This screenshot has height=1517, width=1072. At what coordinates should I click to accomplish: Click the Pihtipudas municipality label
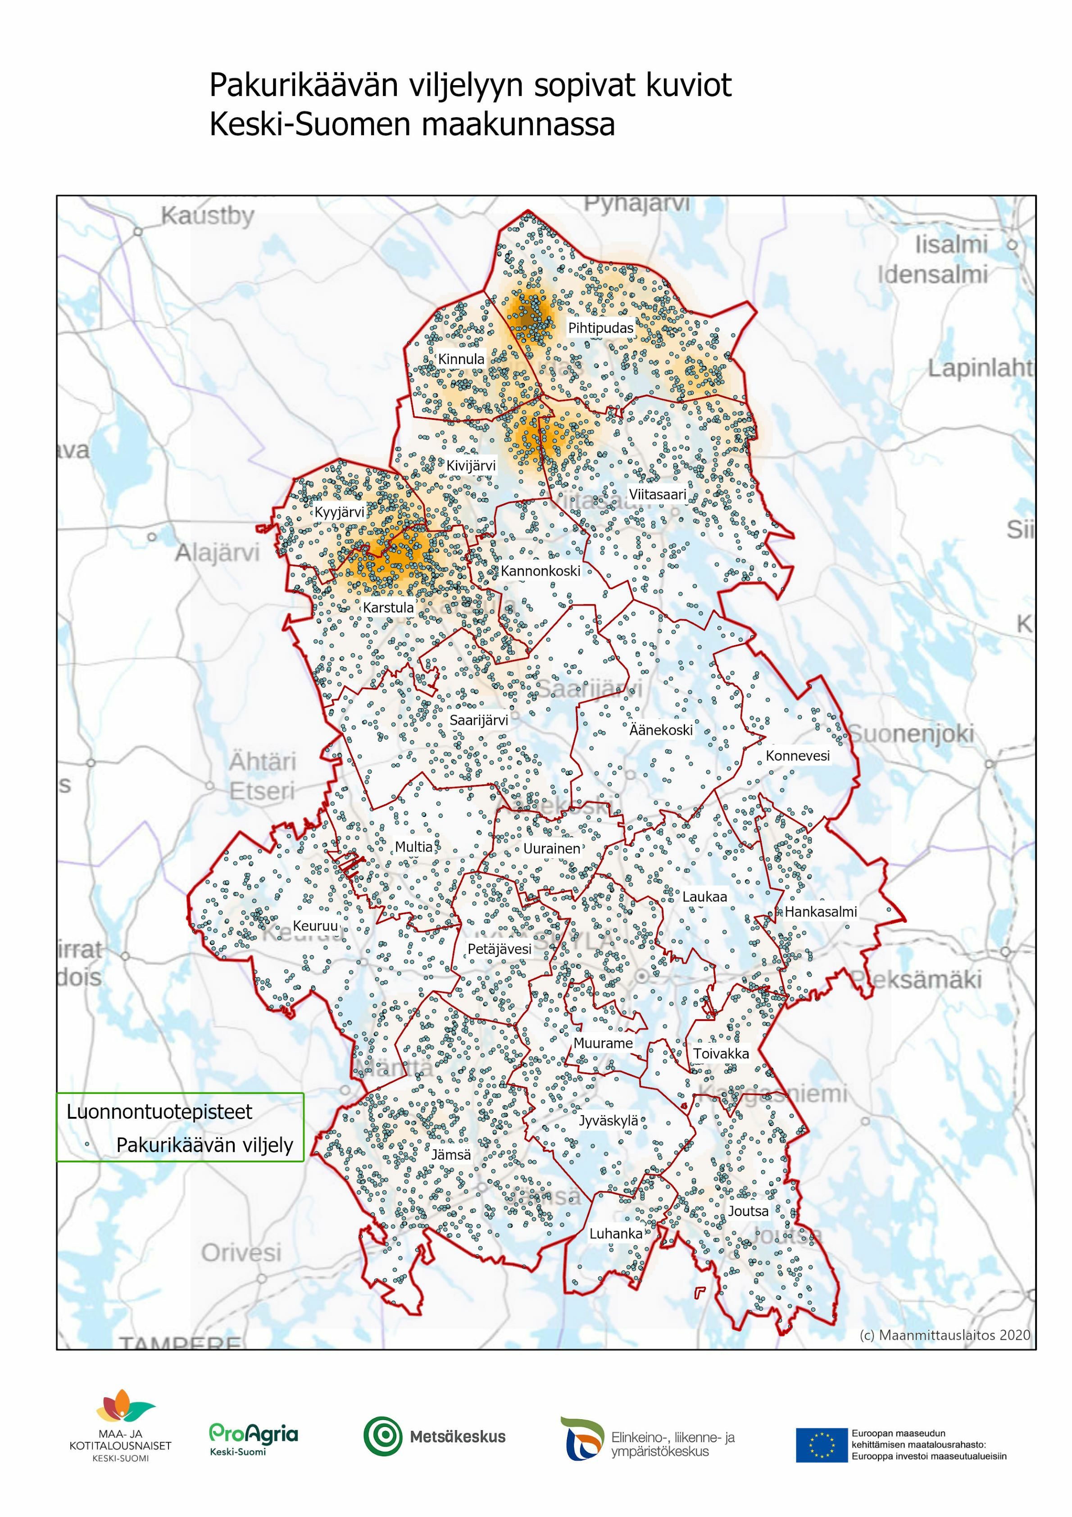coord(600,328)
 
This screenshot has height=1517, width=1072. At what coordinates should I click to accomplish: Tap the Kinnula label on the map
coord(461,359)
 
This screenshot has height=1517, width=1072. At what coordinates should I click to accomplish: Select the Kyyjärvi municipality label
coord(339,512)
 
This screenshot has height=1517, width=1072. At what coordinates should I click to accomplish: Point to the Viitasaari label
coord(657,494)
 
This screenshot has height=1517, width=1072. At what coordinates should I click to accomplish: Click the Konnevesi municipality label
coord(797,756)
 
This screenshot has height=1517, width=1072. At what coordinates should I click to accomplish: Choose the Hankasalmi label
coord(820,912)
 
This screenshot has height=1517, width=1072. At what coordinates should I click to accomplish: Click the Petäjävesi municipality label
coord(500,949)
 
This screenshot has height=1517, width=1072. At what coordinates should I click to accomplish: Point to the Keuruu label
coord(315,926)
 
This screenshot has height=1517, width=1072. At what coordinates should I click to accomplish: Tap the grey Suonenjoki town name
coord(912,733)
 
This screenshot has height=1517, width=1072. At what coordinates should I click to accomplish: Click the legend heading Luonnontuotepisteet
coord(159,1112)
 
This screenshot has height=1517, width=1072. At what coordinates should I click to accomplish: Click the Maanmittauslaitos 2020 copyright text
coord(945,1335)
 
